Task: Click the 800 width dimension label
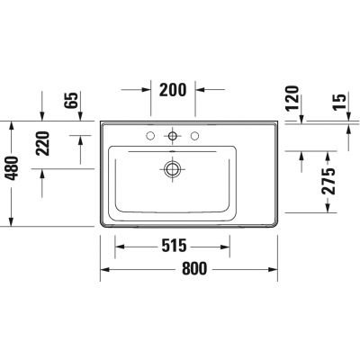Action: click(194, 268)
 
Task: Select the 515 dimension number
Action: click(174, 246)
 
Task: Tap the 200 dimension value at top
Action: click(173, 90)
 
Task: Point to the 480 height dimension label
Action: click(13, 168)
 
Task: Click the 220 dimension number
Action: click(42, 143)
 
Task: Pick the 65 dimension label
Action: click(71, 100)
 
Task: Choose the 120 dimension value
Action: click(292, 98)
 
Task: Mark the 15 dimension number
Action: click(339, 102)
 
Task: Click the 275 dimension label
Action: click(328, 181)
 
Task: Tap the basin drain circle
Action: click(172, 169)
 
